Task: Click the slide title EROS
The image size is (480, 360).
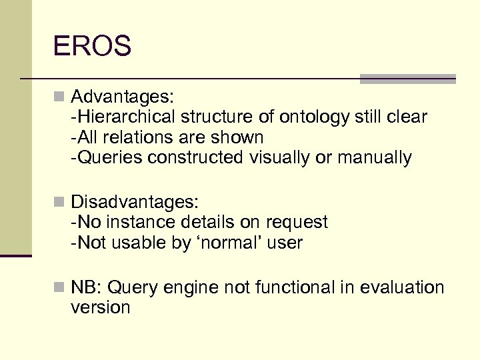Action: (x=93, y=47)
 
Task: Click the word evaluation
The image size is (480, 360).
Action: (x=402, y=287)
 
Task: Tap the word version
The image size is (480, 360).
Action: (x=100, y=307)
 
